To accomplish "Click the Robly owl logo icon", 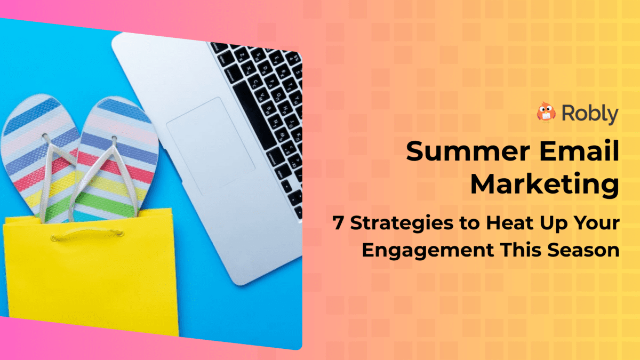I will pos(547,113).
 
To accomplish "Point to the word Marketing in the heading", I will pos(545,185).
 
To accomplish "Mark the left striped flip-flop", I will pos(37,155).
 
